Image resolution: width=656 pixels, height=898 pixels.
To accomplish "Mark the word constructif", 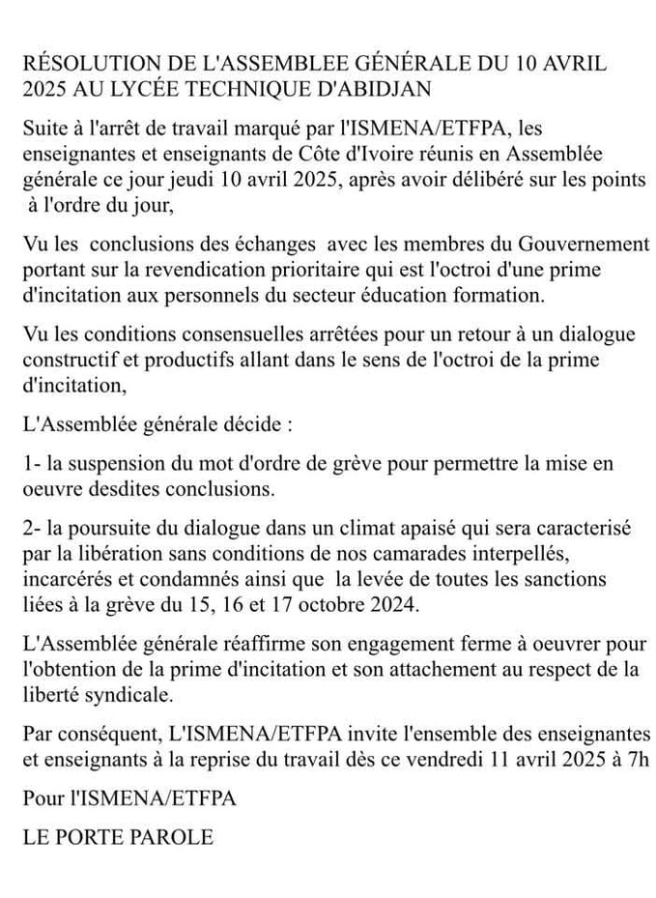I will click(65, 358).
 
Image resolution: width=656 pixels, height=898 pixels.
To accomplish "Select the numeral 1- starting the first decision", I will click(32, 464).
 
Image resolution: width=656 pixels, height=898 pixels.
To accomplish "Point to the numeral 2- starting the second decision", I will click(32, 533).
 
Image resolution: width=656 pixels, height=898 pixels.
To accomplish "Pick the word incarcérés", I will click(66, 579).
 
